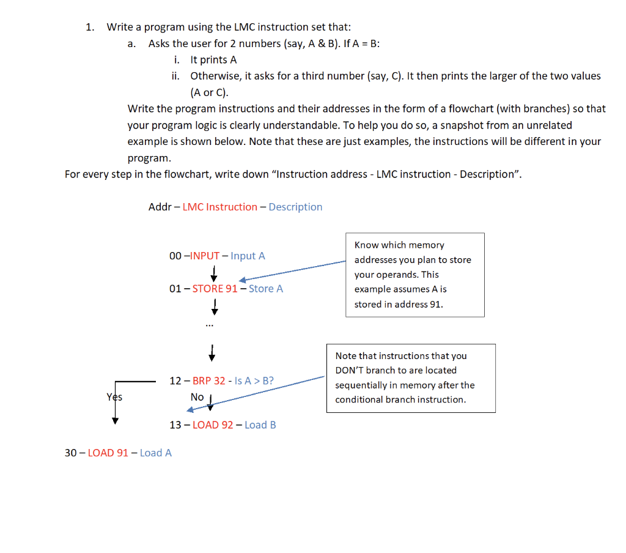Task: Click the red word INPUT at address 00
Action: (205, 256)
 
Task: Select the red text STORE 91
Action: (215, 288)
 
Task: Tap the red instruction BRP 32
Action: (208, 380)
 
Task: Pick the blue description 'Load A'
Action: (155, 453)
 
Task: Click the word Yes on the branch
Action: (114, 397)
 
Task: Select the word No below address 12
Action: (197, 397)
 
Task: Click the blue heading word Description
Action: (295, 207)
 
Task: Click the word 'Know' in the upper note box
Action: (367, 245)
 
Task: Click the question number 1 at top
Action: (89, 27)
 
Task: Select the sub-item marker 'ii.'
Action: (175, 76)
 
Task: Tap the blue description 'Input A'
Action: (248, 256)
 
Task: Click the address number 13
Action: (175, 425)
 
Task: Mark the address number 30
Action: (71, 453)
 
